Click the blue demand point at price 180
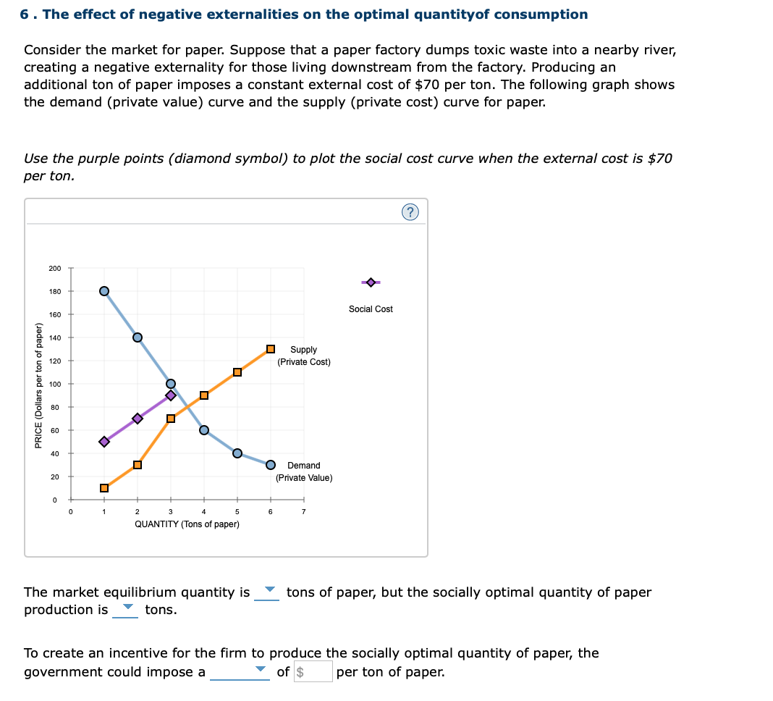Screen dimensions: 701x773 coord(104,291)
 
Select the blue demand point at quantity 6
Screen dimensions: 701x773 coord(271,465)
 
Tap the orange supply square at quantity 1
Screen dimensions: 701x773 coord(104,488)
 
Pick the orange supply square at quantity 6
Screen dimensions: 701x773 coord(271,349)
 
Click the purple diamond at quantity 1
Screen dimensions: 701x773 coord(104,442)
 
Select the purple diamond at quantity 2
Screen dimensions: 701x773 coord(138,419)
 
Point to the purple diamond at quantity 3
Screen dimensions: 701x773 coord(171,395)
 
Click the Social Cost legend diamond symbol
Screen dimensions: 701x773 coord(371,282)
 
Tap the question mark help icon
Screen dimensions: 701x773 coord(410,212)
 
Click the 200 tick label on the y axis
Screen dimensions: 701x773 coord(55,269)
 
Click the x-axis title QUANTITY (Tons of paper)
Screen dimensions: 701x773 coord(187,524)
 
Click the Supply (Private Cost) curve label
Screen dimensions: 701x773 coord(303,356)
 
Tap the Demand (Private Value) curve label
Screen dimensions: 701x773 coord(304,471)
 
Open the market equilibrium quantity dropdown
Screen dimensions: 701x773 coord(267,592)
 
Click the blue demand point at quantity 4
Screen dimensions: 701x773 coord(204,430)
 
